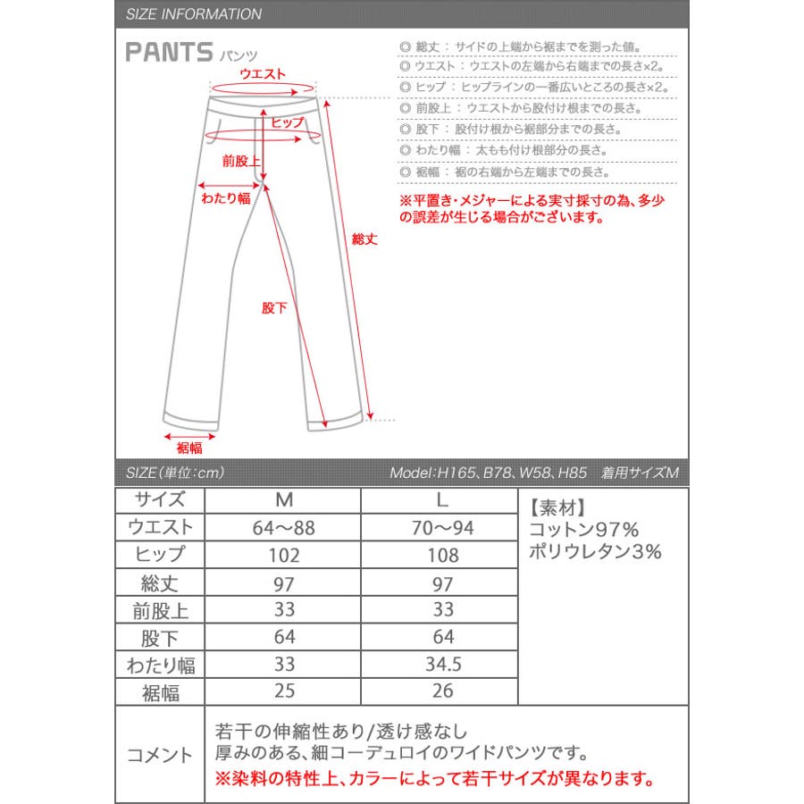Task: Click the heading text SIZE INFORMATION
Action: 194,14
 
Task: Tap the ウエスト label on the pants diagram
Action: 263,74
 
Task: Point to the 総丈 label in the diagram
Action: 365,239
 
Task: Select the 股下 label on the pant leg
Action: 274,307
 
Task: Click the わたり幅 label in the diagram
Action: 226,198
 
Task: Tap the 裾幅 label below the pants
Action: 188,448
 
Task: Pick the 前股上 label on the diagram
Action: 241,162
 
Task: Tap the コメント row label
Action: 161,755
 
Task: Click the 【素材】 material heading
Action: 558,507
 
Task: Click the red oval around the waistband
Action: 264,88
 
